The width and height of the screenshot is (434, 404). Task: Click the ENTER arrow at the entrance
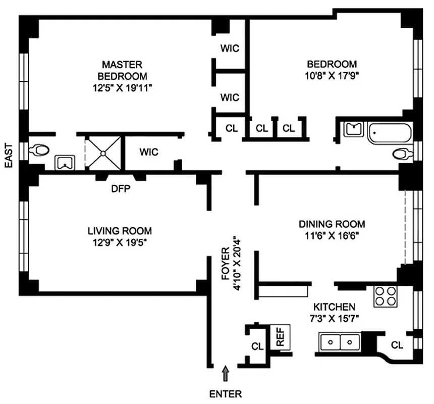(x=226, y=374)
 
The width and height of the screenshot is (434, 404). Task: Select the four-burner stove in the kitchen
(x=386, y=296)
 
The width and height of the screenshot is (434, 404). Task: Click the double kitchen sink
(x=339, y=342)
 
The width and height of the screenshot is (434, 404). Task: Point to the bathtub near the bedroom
(x=389, y=133)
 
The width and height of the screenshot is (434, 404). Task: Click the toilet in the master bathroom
(x=39, y=150)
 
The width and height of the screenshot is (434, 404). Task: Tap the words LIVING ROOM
(x=120, y=231)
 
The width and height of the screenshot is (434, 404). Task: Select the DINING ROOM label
(x=332, y=224)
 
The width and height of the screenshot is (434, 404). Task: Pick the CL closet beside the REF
(x=257, y=346)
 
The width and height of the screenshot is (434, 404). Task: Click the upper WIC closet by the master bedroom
(x=230, y=49)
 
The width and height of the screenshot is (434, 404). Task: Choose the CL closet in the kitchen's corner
(x=397, y=345)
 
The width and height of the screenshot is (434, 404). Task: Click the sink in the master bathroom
(x=65, y=162)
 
